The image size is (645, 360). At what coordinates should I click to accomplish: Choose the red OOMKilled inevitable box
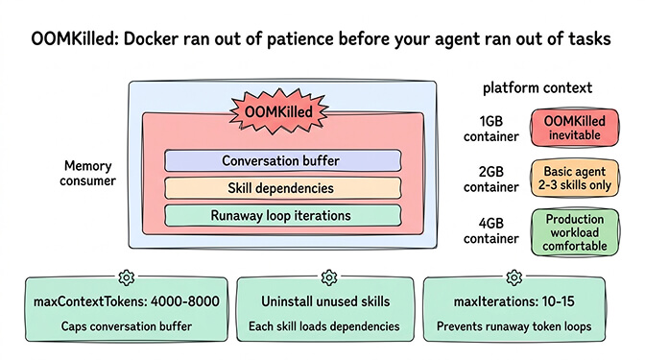click(x=574, y=128)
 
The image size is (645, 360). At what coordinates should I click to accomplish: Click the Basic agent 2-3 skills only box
click(x=574, y=179)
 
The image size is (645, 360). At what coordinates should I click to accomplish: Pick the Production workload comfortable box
click(x=574, y=230)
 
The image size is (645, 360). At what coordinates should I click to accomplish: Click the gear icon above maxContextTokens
click(x=125, y=278)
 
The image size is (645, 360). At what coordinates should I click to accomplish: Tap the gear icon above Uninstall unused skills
click(x=322, y=278)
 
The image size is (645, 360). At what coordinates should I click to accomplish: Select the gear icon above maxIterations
click(x=520, y=278)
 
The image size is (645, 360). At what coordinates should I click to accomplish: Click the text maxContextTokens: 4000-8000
click(x=125, y=302)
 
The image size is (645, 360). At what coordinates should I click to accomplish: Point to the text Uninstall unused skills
click(x=322, y=302)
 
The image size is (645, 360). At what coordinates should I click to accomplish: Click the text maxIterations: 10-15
click(x=520, y=302)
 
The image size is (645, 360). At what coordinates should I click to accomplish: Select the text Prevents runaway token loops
click(x=520, y=326)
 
